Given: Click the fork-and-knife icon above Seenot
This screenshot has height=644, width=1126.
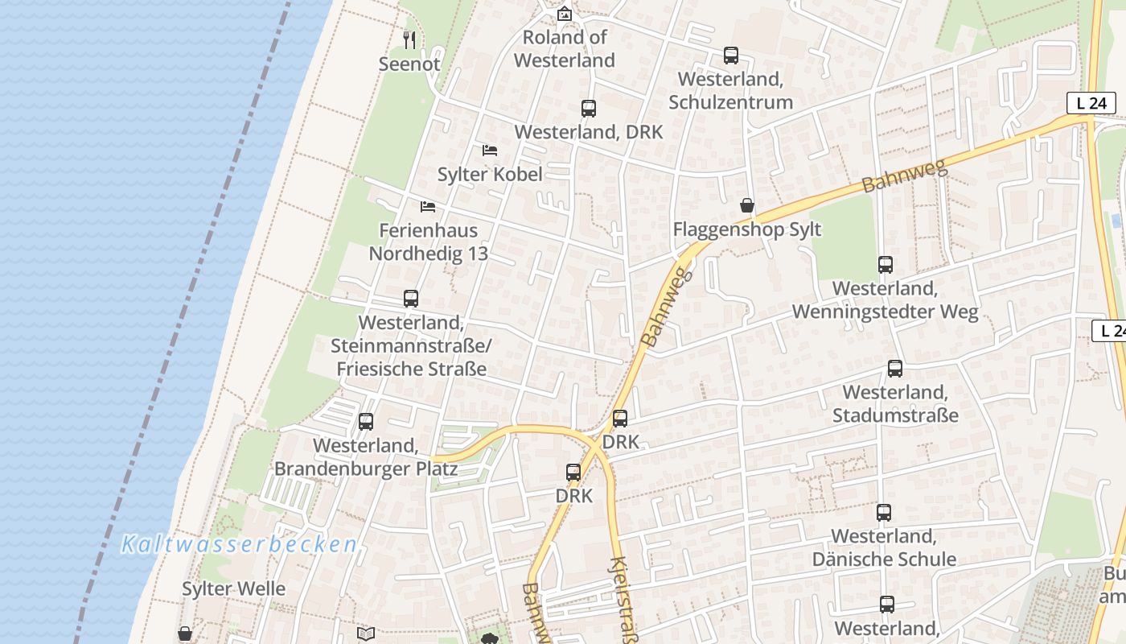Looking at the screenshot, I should click(409, 39).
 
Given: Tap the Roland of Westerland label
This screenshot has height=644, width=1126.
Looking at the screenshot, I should click(565, 48).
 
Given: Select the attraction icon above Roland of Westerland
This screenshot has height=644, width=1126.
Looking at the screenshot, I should click(565, 14).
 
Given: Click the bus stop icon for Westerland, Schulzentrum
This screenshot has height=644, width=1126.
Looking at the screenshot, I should click(730, 56).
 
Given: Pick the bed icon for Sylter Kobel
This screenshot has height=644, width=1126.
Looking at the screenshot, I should click(489, 151).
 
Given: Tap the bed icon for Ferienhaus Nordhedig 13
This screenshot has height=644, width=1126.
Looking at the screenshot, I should click(428, 207).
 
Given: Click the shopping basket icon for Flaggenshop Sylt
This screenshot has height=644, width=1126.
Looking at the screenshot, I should click(747, 206).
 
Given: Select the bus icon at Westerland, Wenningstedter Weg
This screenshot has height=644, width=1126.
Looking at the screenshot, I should click(885, 265).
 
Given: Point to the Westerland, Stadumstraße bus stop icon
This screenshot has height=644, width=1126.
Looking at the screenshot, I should click(894, 369).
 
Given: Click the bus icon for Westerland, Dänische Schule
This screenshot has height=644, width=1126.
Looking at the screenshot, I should click(883, 513).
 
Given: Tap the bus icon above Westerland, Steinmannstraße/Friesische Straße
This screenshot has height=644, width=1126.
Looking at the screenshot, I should click(410, 299).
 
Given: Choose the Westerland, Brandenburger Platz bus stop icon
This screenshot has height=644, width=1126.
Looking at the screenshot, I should click(365, 422).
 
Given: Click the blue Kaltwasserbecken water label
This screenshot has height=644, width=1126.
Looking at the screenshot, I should click(239, 545).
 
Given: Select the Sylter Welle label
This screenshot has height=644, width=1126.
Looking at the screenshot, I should click(233, 588).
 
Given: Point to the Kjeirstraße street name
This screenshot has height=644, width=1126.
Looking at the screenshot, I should click(623, 600).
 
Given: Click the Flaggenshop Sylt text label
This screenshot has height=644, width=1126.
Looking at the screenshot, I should click(746, 229).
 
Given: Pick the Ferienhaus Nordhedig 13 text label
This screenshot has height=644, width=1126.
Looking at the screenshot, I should click(428, 242).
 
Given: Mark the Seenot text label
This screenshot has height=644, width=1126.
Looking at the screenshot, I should click(409, 64).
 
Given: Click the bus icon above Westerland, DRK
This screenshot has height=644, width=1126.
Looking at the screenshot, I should click(588, 109).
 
